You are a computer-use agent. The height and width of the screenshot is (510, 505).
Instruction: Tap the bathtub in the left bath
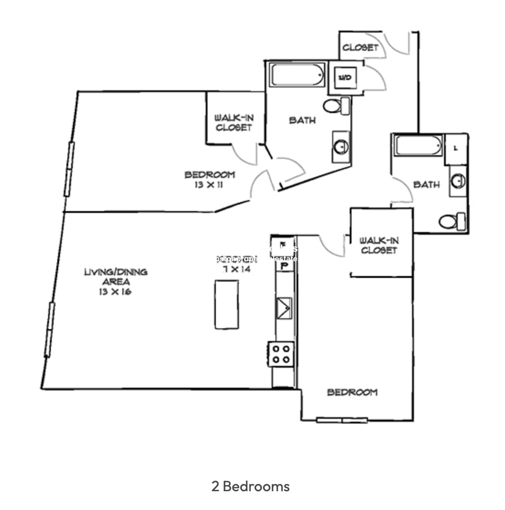pyautogui.click(x=297, y=75)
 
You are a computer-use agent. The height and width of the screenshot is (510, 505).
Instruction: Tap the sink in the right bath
pyautogui.click(x=458, y=181)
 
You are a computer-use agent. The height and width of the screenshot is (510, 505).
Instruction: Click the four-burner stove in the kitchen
pyautogui.click(x=281, y=354)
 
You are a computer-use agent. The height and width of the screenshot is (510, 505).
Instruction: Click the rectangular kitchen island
pyautogui.click(x=226, y=304)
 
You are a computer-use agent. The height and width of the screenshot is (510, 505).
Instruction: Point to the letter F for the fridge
pyautogui.click(x=283, y=244)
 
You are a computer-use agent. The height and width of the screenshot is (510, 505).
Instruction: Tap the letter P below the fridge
pyautogui.click(x=284, y=266)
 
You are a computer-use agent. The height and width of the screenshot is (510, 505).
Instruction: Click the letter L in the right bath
pyautogui.click(x=456, y=148)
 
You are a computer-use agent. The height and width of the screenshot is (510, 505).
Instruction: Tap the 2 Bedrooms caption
pyautogui.click(x=251, y=486)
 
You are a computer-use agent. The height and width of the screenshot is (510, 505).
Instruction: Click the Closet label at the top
pyautogui.click(x=360, y=47)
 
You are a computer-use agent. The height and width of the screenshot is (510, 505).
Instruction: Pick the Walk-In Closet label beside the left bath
pyautogui.click(x=234, y=123)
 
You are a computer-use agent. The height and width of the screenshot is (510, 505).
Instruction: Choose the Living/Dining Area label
pyautogui.click(x=115, y=277)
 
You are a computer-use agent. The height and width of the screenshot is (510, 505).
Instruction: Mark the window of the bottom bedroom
pyautogui.click(x=342, y=420)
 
